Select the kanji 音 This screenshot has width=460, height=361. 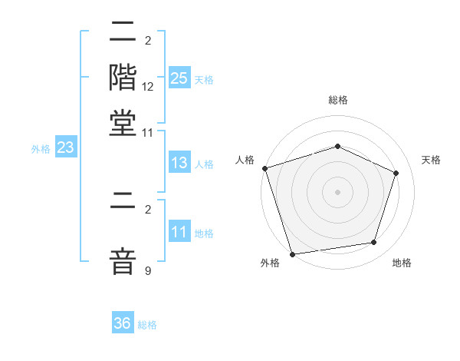(x=123, y=260)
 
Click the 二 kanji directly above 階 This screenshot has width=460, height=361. (x=123, y=31)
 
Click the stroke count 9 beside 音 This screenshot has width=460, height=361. (x=147, y=270)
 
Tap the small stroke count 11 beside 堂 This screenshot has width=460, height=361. (x=148, y=132)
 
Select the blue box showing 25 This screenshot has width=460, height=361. (x=179, y=78)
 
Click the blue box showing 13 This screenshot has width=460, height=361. (x=179, y=164)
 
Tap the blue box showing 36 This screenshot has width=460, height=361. (x=123, y=323)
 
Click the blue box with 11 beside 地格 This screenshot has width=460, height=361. (x=179, y=232)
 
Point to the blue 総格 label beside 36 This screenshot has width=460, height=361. (x=147, y=325)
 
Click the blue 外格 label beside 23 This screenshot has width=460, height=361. (x=41, y=149)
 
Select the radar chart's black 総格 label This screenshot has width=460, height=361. (x=337, y=100)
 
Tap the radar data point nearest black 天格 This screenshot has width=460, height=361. (x=396, y=173)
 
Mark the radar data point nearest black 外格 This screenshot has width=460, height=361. (x=292, y=253)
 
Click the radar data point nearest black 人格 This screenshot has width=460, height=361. (x=264, y=168)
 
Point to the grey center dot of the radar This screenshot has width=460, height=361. (x=337, y=191)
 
